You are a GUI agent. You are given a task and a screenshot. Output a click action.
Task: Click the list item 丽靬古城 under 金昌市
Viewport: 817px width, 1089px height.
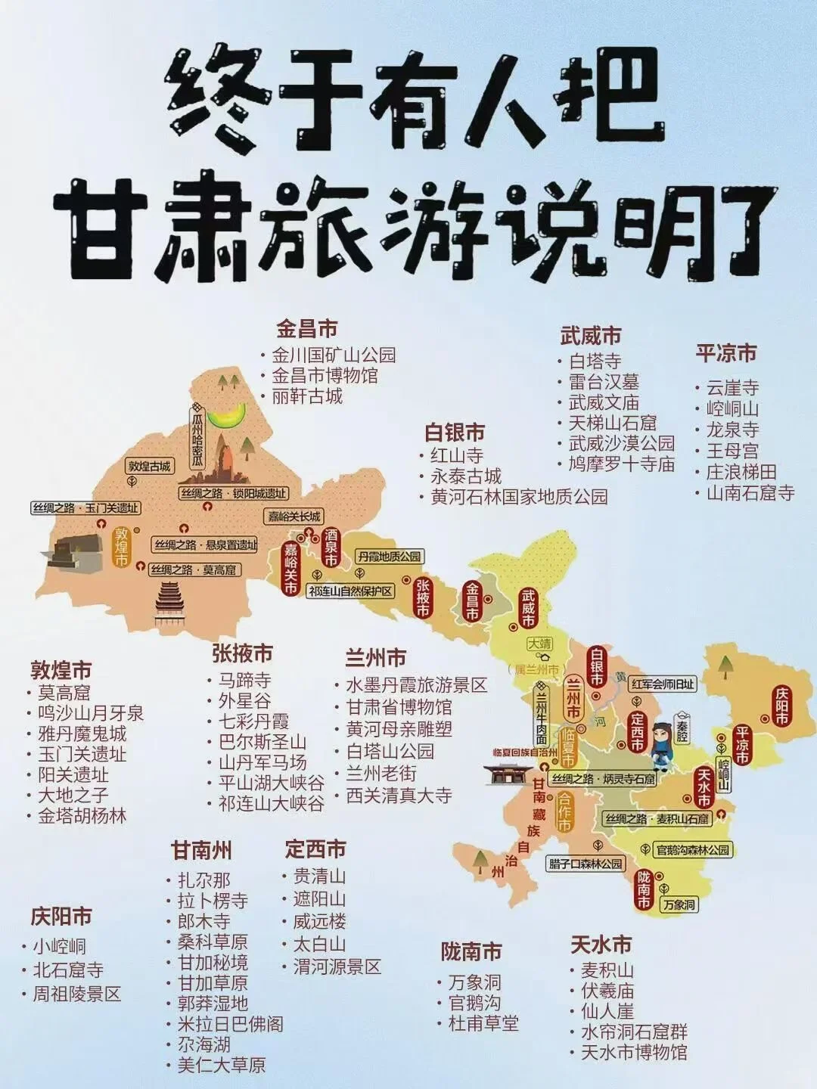pos(307,396)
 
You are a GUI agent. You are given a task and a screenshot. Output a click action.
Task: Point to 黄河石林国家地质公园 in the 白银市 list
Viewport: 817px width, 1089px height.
pos(519,497)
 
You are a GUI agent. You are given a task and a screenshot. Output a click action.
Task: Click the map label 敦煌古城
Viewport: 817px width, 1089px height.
pos(150,466)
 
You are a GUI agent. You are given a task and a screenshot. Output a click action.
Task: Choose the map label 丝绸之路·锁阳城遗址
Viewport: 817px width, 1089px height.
pos(234,494)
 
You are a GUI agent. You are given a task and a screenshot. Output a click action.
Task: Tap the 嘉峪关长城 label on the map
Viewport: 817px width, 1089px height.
pos(294,517)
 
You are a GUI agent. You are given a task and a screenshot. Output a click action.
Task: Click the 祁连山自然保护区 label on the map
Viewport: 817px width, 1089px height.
pos(351,591)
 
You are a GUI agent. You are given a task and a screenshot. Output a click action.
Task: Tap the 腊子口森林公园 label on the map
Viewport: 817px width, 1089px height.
pos(586,864)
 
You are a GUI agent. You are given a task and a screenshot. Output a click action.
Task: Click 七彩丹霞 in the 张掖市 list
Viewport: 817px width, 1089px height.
pos(253,721)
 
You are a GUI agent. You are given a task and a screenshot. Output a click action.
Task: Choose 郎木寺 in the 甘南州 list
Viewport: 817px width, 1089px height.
pos(203,922)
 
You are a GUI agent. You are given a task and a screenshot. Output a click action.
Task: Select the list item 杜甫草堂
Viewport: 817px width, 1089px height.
pos(483,1024)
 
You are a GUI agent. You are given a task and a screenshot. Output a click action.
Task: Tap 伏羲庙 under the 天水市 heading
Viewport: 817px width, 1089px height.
pos(607,991)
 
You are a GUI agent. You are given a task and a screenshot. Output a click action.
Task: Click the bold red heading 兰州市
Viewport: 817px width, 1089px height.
pos(375,657)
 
